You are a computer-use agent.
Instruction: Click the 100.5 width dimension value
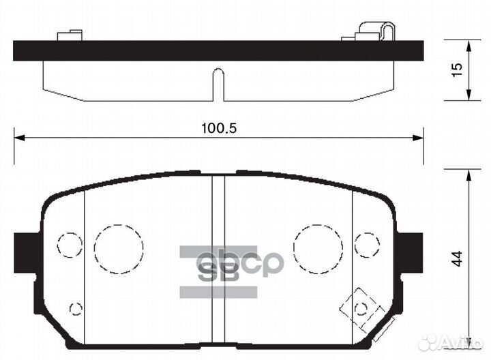(218, 128)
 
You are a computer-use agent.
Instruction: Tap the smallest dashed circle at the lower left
(76, 308)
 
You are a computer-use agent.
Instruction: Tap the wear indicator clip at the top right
(376, 31)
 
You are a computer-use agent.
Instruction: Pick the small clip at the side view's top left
(70, 34)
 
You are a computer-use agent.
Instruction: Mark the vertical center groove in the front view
(218, 259)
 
